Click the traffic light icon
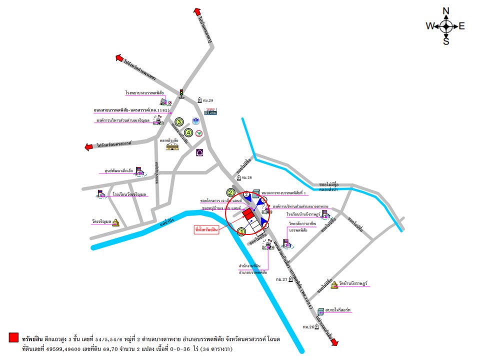(181, 93)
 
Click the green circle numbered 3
(178, 120)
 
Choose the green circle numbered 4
(188, 132)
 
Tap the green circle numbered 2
(230, 192)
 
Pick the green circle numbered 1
(241, 231)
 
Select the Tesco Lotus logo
(212, 111)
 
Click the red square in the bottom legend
(13, 338)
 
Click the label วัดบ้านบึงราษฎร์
(353, 283)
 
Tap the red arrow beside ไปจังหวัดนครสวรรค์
(89, 147)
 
